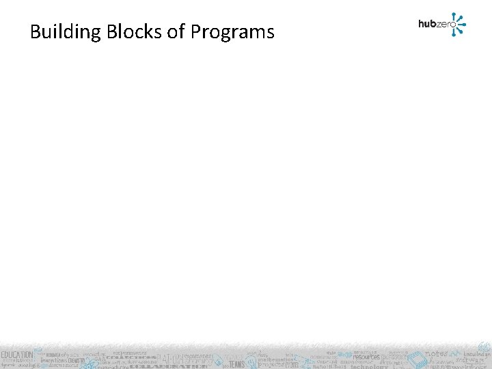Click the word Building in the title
click(x=60, y=32)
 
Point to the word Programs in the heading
click(x=232, y=32)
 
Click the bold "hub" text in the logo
click(x=427, y=24)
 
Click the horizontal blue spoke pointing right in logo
click(x=463, y=25)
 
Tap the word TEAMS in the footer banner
click(x=236, y=364)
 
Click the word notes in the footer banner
click(x=436, y=354)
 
